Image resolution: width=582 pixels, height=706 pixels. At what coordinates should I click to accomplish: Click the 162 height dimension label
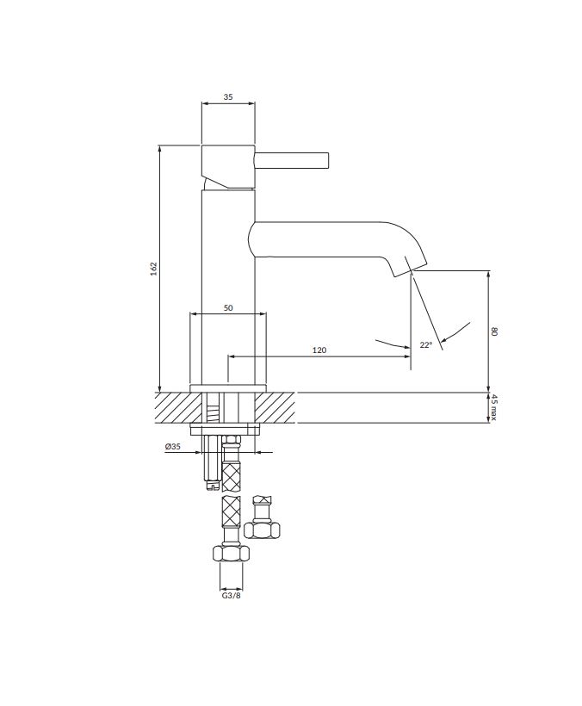coord(154,269)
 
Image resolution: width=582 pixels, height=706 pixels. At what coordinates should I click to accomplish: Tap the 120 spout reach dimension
coord(319,350)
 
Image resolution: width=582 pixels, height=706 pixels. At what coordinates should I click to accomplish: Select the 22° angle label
coord(426,345)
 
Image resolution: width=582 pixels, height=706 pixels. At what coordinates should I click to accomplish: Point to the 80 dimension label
coord(494,331)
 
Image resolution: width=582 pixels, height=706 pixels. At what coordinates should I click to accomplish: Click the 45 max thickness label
coord(494,407)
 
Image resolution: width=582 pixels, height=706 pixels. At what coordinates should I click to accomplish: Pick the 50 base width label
coord(228,308)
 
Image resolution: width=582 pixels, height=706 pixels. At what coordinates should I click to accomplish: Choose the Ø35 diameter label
coord(173,447)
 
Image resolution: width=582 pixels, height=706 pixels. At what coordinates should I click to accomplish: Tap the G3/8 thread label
coord(231,596)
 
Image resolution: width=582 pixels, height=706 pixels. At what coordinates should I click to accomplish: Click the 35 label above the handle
coord(228,96)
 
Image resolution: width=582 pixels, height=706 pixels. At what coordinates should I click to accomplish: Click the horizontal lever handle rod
coord(292,161)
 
